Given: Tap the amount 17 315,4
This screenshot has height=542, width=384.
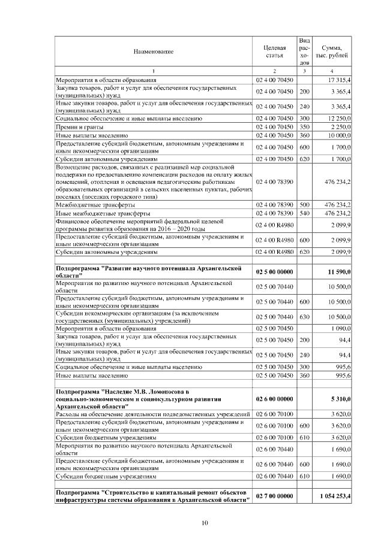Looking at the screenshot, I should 339,80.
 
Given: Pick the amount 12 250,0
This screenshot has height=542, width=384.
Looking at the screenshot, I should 339,119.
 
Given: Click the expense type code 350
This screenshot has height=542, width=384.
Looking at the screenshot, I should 304,127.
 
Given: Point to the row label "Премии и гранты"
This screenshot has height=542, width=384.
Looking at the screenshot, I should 79,127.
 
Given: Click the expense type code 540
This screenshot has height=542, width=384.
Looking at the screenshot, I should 304,213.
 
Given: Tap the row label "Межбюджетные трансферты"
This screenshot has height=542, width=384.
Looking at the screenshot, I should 95,205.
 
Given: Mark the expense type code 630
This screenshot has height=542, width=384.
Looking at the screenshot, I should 304,316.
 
